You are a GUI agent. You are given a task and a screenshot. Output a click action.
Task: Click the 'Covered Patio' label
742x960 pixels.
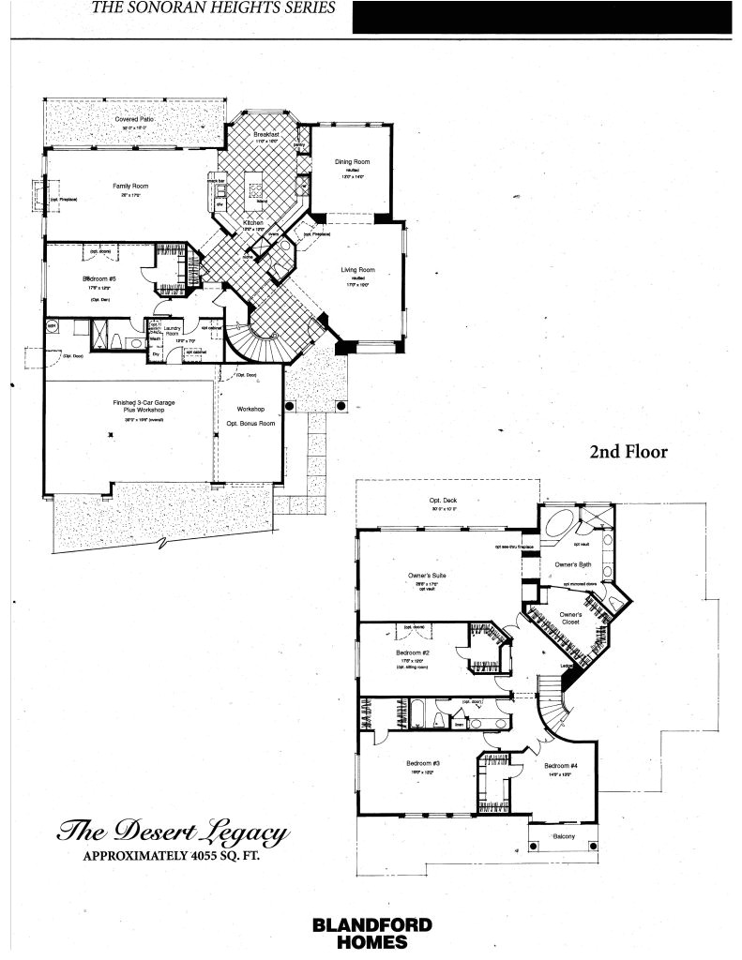click(x=134, y=120)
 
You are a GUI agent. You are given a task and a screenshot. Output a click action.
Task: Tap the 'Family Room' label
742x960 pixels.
click(x=130, y=186)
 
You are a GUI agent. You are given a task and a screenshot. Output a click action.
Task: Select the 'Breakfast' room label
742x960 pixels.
click(x=267, y=134)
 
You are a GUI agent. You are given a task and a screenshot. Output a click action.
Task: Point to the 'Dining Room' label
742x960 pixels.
click(x=349, y=162)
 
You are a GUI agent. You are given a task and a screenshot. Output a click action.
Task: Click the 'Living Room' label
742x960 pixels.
click(x=357, y=270)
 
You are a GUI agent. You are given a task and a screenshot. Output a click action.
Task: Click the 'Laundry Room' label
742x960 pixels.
click(x=172, y=333)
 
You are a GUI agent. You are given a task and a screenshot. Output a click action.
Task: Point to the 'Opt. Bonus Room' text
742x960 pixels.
click(x=250, y=424)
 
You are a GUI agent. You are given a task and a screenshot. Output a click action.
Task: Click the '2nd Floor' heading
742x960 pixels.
click(x=628, y=452)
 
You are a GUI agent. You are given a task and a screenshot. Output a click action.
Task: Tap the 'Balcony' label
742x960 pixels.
click(x=564, y=836)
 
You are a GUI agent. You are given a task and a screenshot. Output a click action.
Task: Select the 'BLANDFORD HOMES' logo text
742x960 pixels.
click(x=371, y=933)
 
